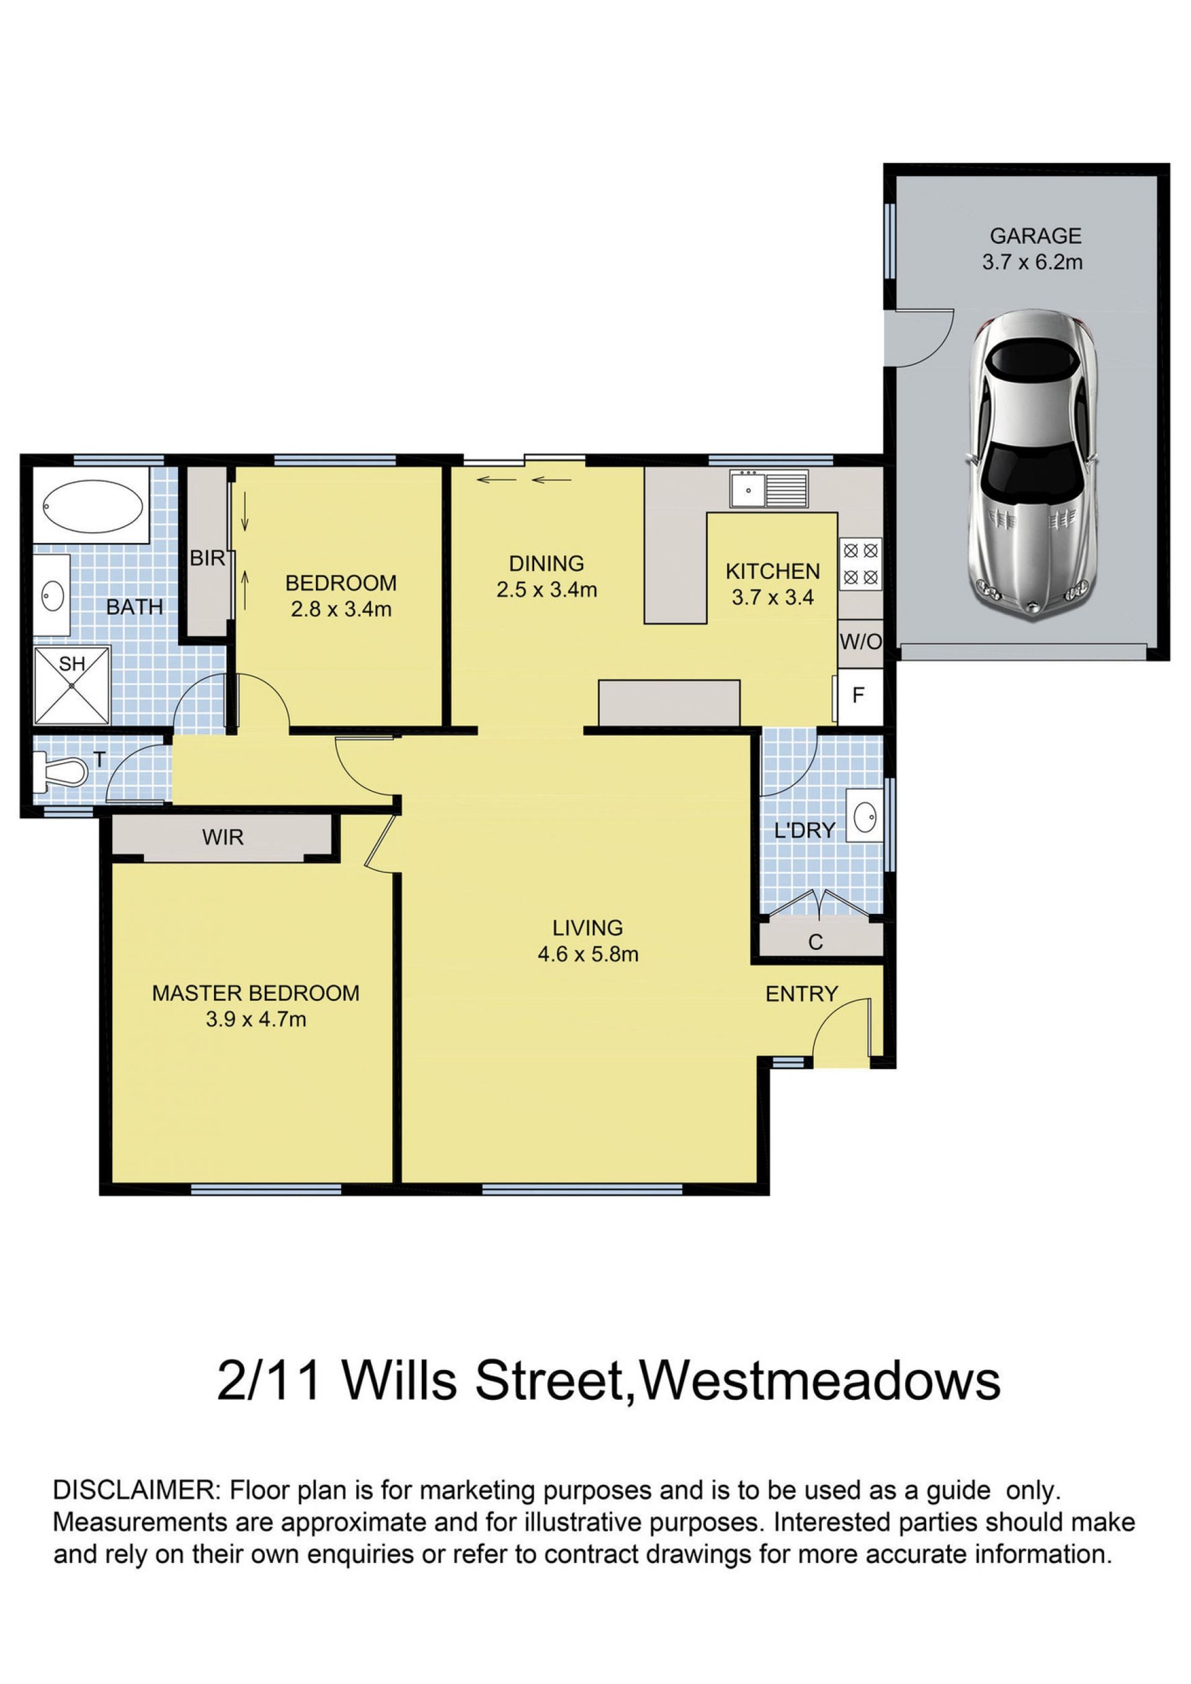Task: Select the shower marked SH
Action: tap(72, 684)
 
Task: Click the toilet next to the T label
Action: tap(61, 773)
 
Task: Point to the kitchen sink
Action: tap(769, 488)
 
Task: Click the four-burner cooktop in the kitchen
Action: tap(860, 563)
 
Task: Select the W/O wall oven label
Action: tap(860, 642)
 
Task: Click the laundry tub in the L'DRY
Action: tap(865, 814)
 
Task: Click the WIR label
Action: tap(223, 837)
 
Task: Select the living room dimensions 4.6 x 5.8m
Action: tap(587, 954)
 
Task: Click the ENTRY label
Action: tap(801, 994)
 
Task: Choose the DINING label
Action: tap(546, 563)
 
